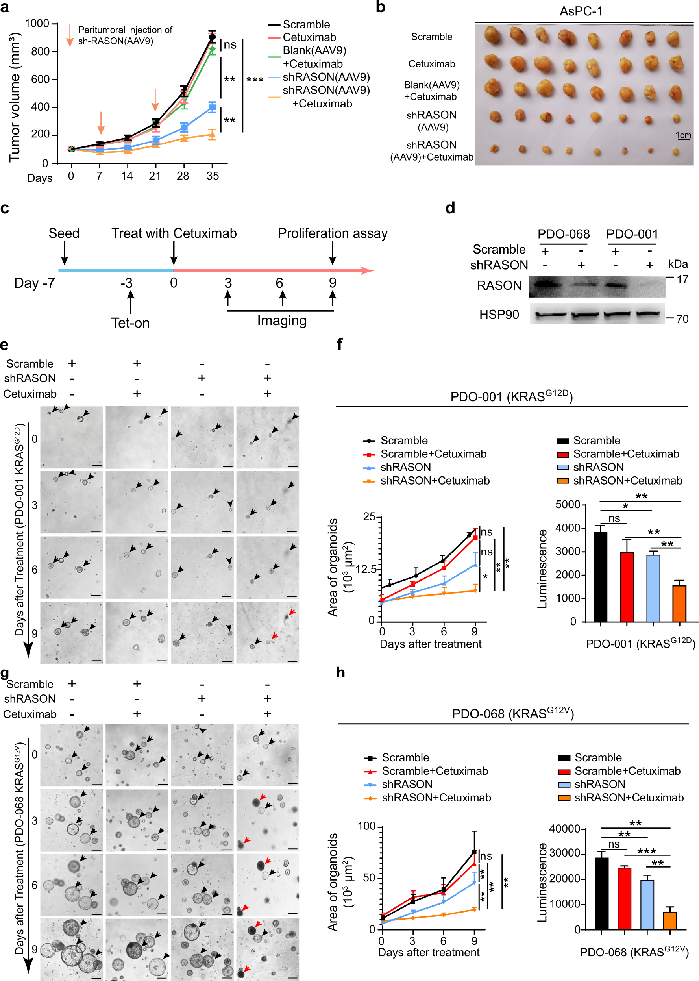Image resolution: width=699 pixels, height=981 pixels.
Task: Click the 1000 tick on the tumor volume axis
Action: tap(37, 23)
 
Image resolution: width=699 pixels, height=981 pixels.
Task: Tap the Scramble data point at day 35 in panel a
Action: tap(212, 37)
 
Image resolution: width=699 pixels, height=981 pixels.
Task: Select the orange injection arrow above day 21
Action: tap(155, 100)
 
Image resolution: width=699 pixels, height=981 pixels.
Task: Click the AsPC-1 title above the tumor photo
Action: tap(581, 11)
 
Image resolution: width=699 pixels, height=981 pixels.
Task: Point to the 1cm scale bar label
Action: tap(683, 135)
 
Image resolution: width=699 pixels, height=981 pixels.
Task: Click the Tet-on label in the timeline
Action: tap(130, 323)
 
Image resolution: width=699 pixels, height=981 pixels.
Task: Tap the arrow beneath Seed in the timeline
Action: tap(64, 253)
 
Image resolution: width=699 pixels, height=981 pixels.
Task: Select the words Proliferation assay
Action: tap(332, 233)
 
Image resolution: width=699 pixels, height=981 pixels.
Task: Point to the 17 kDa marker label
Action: tap(682, 280)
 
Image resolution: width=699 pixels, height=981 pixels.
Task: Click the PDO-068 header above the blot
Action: tap(564, 234)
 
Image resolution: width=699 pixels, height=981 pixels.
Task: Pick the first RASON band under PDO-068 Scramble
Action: tap(546, 285)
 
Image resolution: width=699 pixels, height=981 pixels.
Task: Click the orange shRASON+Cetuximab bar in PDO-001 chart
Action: tap(679, 603)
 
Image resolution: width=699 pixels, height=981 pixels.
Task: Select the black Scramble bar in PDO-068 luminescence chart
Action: tap(602, 894)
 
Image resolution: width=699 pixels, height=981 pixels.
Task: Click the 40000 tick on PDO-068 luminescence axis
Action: tap(564, 829)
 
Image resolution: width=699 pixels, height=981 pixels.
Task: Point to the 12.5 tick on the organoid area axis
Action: tap(366, 570)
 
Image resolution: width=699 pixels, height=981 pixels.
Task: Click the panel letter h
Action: tap(340, 672)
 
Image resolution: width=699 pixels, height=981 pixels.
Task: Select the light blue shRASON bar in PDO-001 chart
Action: tap(653, 588)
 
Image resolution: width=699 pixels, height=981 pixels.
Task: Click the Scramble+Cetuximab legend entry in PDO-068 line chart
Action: tap(435, 771)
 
